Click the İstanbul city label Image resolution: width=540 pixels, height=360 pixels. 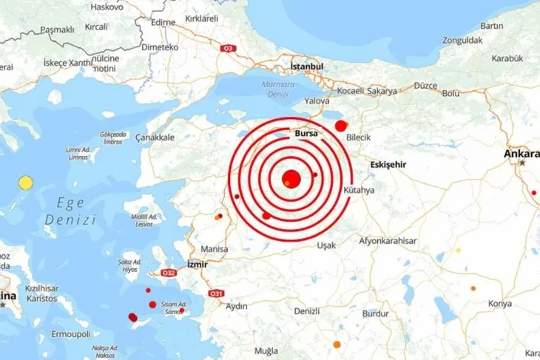tap(308, 67)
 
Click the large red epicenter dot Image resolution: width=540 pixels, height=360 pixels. tap(291, 179)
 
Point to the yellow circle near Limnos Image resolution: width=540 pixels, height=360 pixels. tap(27, 182)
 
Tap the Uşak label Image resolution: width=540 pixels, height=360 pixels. tap(326, 245)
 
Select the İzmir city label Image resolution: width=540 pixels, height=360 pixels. tap(198, 264)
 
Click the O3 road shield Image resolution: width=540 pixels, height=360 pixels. tap(229, 49)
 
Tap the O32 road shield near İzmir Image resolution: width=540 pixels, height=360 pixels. tap(168, 273)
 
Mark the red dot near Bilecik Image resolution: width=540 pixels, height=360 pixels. tap(341, 126)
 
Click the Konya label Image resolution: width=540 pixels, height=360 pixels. tap(500, 304)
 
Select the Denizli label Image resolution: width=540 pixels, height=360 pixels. tap(306, 311)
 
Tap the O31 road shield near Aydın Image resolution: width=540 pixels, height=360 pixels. tap(217, 293)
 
